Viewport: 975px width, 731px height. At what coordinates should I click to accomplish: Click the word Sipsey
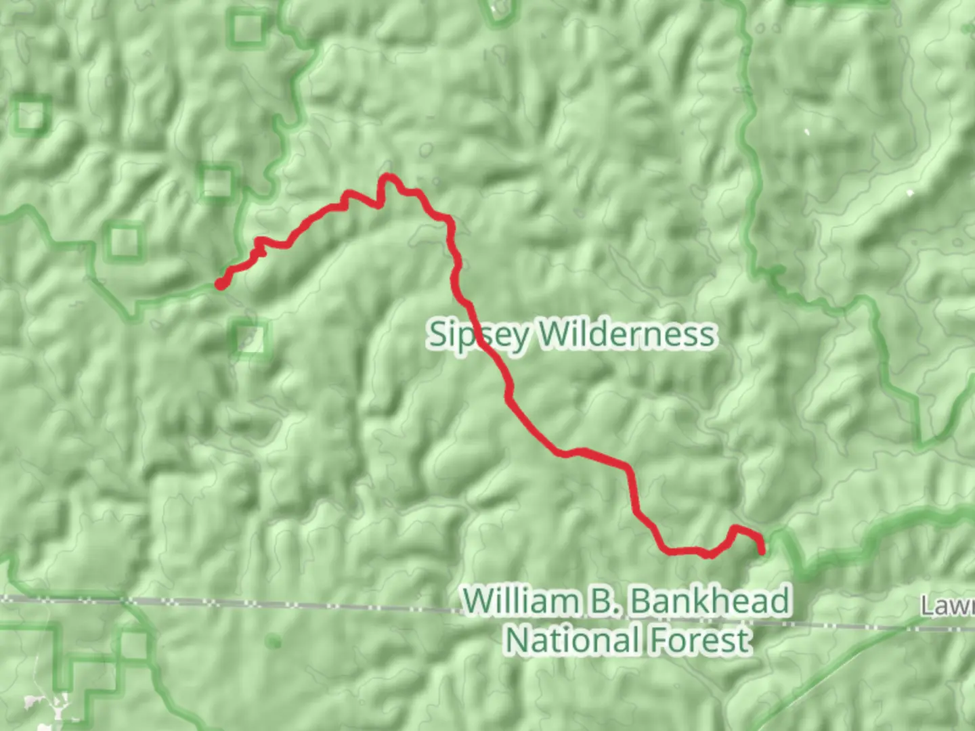tap(477, 335)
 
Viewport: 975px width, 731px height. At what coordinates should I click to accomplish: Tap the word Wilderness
tap(626, 334)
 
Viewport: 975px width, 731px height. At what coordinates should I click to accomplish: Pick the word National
tap(573, 640)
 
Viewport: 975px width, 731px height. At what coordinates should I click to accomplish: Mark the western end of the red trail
tap(221, 284)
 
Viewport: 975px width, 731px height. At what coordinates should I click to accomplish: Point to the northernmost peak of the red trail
tap(388, 177)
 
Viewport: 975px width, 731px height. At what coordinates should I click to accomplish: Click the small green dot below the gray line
tap(274, 640)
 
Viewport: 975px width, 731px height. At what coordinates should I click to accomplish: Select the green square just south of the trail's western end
tap(251, 338)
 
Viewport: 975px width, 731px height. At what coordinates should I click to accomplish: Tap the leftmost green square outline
tap(31, 114)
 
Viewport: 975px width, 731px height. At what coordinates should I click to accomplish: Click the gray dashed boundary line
tap(271, 604)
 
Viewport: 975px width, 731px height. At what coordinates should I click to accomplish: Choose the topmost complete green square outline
tap(246, 29)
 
